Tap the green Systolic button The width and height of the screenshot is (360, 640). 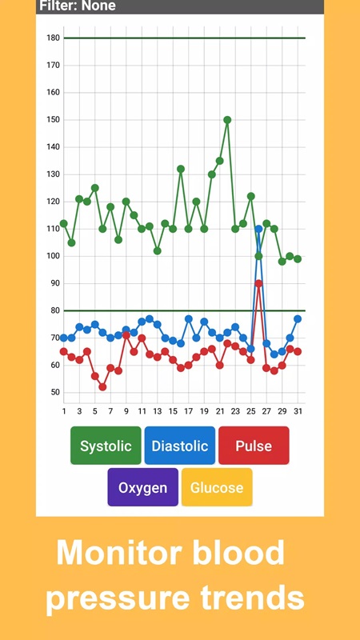[106, 446]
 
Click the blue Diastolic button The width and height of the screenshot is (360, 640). [180, 446]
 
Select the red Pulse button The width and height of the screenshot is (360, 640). [254, 446]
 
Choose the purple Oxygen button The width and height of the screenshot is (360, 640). [143, 487]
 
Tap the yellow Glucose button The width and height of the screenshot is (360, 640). [217, 487]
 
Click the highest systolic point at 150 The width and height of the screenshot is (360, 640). [227, 120]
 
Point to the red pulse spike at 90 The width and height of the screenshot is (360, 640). [258, 283]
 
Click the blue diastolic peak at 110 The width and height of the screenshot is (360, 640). [258, 229]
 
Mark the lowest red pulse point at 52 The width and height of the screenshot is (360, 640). [102, 386]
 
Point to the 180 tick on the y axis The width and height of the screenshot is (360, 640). [54, 38]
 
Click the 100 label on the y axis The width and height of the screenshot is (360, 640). [54, 256]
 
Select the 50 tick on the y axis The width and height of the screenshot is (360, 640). [54, 392]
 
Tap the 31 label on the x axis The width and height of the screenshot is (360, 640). [298, 411]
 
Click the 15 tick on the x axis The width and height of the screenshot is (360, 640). [173, 411]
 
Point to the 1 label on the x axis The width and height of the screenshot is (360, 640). [64, 411]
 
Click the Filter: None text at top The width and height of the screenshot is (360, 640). [78, 6]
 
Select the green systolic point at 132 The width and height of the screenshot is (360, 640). [181, 169]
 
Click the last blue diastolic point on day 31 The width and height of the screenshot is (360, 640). [298, 318]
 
